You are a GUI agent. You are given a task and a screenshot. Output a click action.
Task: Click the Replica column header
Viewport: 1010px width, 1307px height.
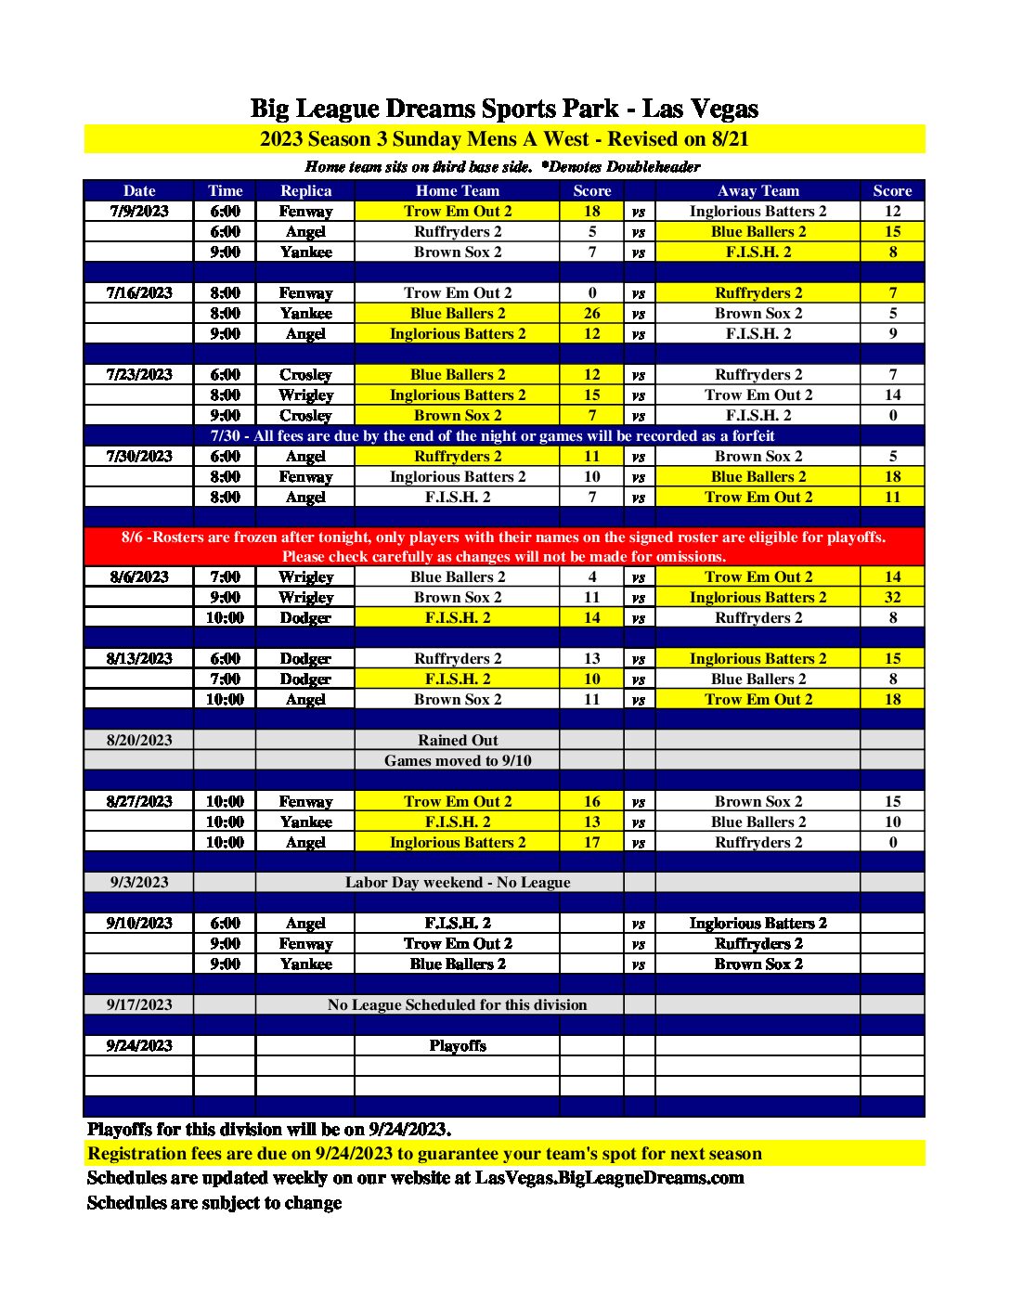[x=305, y=190]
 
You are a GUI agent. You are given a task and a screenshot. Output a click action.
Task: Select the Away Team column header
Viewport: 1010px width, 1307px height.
[x=757, y=190]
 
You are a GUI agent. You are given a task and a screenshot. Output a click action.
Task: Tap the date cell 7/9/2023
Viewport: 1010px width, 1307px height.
[x=139, y=211]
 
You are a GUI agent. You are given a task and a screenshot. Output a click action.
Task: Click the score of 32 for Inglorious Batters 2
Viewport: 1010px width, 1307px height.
[x=892, y=597]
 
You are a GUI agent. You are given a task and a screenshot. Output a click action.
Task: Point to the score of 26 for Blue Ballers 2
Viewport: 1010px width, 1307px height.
[x=591, y=313]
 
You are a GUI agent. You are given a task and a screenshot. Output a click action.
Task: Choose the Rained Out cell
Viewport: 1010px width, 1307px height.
[x=458, y=740]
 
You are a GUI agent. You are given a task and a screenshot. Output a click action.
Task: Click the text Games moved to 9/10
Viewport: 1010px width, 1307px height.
[x=458, y=760]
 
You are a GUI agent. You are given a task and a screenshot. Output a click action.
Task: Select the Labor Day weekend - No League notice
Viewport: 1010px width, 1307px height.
[x=458, y=882]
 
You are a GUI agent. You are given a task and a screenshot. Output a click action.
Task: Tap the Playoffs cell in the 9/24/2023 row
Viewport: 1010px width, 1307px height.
[x=458, y=1045]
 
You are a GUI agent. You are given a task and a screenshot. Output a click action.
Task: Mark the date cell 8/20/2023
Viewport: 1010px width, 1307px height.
[x=139, y=740]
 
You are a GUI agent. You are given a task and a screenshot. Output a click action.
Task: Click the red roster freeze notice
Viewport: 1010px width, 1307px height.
[x=504, y=547]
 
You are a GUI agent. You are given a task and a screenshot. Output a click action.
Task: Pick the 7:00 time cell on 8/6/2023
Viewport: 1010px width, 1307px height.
[x=225, y=576]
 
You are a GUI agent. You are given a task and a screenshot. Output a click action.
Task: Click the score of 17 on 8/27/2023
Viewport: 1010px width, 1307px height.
[x=591, y=842]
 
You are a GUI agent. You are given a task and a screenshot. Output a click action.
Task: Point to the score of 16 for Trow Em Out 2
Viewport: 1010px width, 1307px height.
[x=591, y=801]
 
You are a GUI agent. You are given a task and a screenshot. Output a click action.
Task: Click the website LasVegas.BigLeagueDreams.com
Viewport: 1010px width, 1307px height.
[x=610, y=1178]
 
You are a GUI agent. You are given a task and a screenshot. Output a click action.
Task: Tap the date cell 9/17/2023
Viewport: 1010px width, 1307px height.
[x=139, y=1004]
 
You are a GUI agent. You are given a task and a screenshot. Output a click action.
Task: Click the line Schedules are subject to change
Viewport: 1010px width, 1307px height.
[x=214, y=1203]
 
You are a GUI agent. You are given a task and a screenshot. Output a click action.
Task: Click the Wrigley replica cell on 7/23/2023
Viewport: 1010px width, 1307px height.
[x=305, y=395]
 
